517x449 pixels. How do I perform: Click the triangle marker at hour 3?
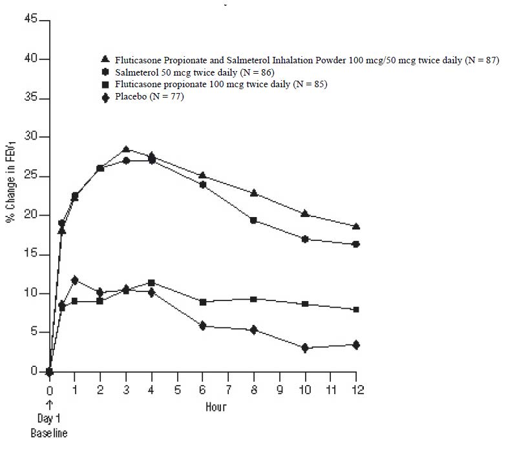pos(126,149)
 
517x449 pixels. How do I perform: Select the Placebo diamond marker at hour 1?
pos(75,280)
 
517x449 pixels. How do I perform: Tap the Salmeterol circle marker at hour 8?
pos(254,220)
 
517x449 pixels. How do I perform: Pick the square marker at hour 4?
pos(151,282)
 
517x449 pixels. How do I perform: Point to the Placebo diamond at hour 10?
pos(305,348)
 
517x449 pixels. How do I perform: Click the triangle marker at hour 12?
pos(356,226)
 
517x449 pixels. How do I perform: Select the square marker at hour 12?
pos(356,309)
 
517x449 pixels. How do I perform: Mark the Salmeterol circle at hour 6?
pos(202,185)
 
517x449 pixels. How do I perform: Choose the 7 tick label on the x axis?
pos(228,390)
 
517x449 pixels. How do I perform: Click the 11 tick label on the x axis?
pos(330,390)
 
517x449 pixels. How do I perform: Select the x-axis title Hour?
pos(216,407)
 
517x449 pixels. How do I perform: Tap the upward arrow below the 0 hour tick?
pos(50,405)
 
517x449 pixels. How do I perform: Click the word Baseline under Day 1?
pos(49,433)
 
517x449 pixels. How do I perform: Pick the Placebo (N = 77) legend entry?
pos(149,97)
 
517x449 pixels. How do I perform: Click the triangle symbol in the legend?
pos(105,59)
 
